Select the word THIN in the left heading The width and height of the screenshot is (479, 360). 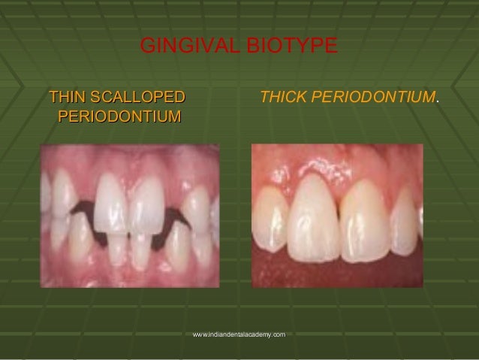(x=66, y=98)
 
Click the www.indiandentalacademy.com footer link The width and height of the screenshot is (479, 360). (x=239, y=333)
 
